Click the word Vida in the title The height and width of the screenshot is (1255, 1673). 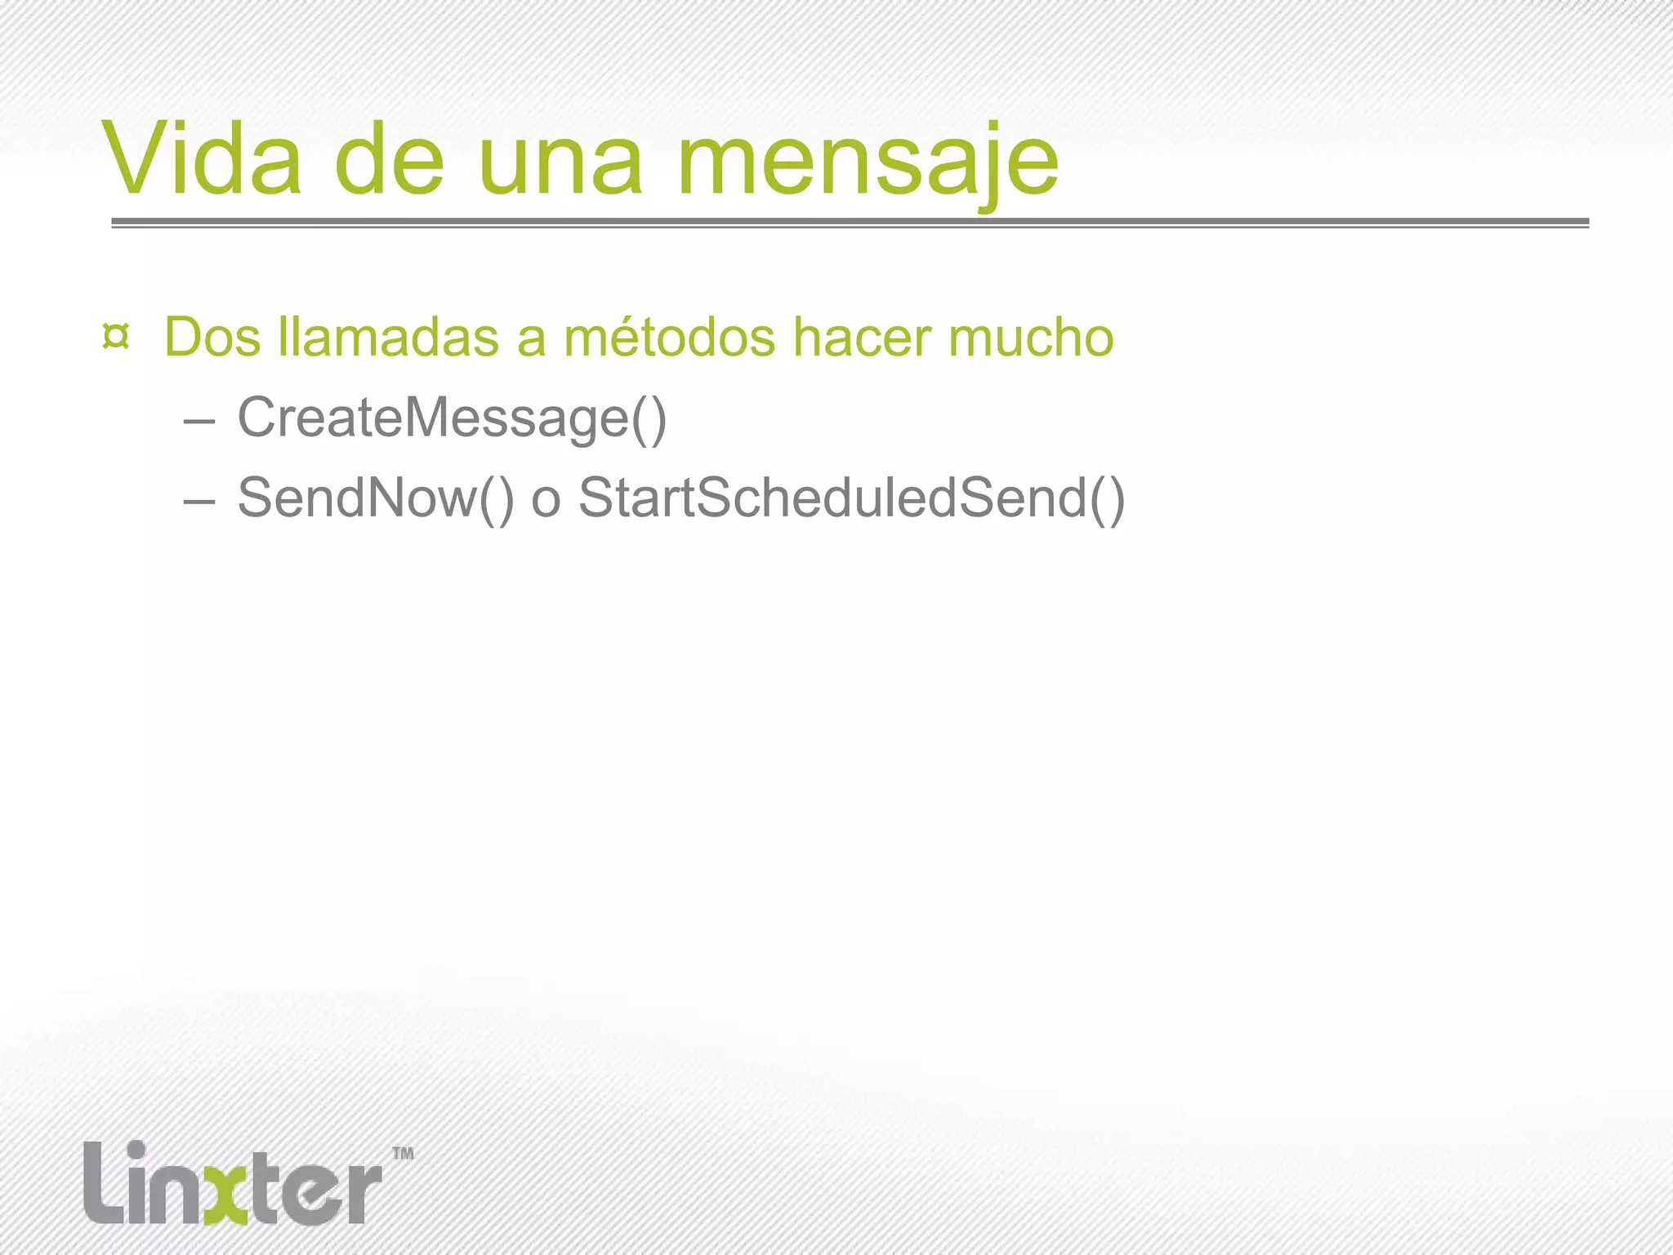click(202, 159)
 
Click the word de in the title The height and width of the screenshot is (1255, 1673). click(389, 159)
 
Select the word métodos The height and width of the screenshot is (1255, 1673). click(670, 337)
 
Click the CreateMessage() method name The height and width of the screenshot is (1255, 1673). click(452, 418)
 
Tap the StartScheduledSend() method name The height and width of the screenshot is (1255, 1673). click(852, 498)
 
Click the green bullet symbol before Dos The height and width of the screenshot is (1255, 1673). click(116, 337)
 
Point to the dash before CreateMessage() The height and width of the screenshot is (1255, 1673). click(199, 420)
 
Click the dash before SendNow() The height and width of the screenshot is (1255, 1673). click(199, 499)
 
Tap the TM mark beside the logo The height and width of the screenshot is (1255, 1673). click(403, 1154)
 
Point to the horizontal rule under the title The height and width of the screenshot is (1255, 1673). click(850, 222)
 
